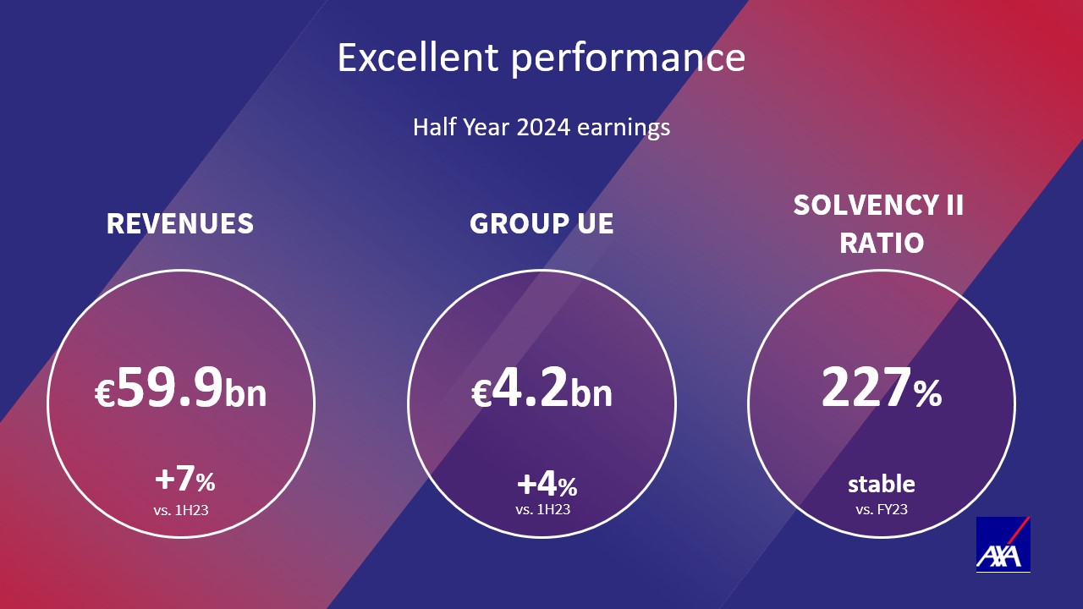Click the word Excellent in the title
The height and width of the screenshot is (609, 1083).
pyautogui.click(x=418, y=58)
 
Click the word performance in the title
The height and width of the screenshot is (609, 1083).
pyautogui.click(x=628, y=60)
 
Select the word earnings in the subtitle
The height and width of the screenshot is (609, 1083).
pyautogui.click(x=624, y=129)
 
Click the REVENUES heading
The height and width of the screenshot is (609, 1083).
pyautogui.click(x=180, y=223)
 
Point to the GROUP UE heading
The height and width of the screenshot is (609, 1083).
pyautogui.click(x=541, y=223)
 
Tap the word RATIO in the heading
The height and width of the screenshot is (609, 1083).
pyautogui.click(x=882, y=243)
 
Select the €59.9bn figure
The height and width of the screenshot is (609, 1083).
pyautogui.click(x=180, y=387)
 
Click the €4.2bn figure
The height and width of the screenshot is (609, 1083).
pyautogui.click(x=541, y=387)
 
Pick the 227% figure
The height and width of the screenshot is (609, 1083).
pyautogui.click(x=882, y=387)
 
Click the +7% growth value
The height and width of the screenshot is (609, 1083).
pyautogui.click(x=185, y=480)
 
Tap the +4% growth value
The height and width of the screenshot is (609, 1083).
pyautogui.click(x=547, y=485)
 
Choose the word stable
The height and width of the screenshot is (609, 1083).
pyautogui.click(x=882, y=484)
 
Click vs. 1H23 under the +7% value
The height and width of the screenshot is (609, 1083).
pyautogui.click(x=181, y=510)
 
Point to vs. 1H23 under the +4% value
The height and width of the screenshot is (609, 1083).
pyautogui.click(x=543, y=509)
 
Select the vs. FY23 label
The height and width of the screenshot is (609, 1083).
pyautogui.click(x=882, y=509)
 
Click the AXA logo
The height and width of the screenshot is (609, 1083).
pyautogui.click(x=1003, y=544)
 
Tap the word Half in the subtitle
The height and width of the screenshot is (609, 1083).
pyautogui.click(x=433, y=127)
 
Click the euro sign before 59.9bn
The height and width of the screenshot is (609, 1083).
pyautogui.click(x=105, y=393)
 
